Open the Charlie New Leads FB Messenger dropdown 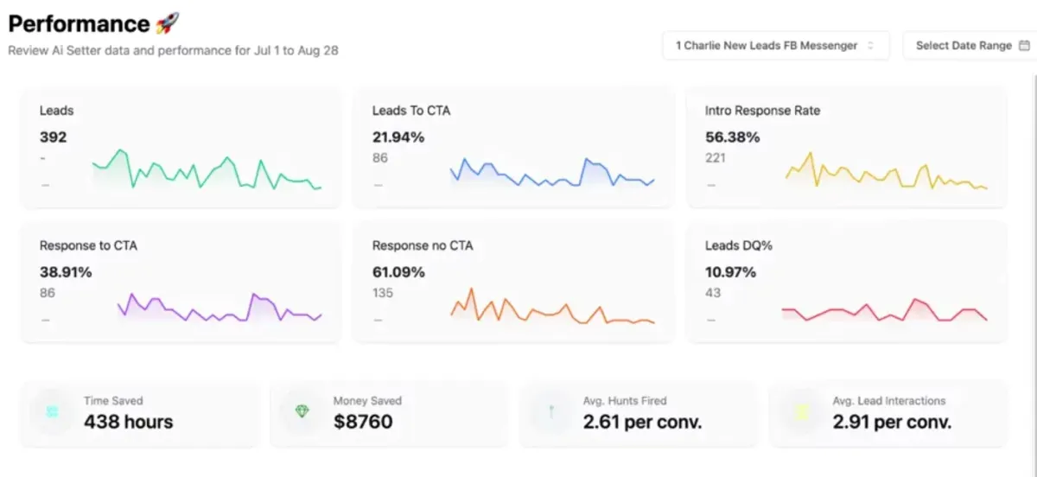click(x=775, y=46)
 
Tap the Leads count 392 click(x=53, y=137)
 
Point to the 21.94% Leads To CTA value click(x=398, y=137)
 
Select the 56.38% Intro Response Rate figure click(x=732, y=137)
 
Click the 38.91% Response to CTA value click(x=66, y=271)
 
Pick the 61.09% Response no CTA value click(x=398, y=271)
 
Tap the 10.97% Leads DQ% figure click(x=730, y=271)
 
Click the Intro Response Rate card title click(x=762, y=111)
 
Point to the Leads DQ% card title click(x=738, y=245)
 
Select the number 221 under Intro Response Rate click(x=716, y=158)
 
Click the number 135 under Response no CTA click(x=383, y=293)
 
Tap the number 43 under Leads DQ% click(x=713, y=293)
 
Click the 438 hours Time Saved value click(x=128, y=422)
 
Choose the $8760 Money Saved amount click(x=363, y=422)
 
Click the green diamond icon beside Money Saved click(x=302, y=412)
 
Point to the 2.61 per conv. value click(x=642, y=422)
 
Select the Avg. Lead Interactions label click(x=888, y=401)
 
